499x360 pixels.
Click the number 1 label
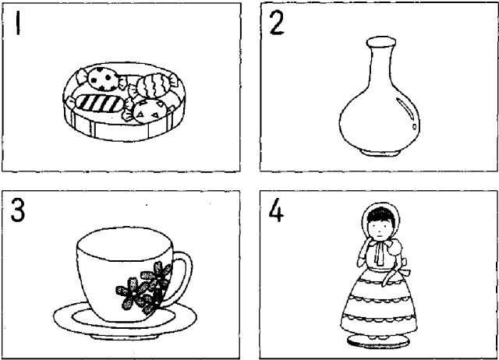tap(18, 23)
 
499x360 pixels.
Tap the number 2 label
tap(276, 23)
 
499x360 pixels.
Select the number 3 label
tap(17, 210)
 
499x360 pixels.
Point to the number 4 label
tap(275, 210)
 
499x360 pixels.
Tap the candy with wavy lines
tap(153, 85)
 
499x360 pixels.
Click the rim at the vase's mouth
tap(381, 41)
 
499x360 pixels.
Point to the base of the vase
tap(380, 153)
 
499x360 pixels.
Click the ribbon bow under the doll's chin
tap(380, 251)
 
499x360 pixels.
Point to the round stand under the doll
tap(378, 341)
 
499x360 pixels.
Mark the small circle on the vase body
tap(414, 126)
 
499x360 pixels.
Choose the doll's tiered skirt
tap(379, 305)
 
